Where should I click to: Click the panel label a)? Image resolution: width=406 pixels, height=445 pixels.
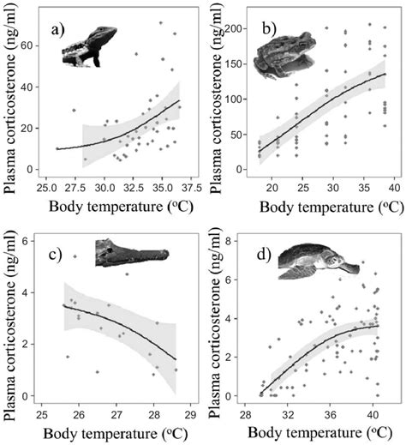pos(59,27)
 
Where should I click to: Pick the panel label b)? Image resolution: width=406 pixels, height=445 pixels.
pos(270,29)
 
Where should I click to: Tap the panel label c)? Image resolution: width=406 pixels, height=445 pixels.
pos(58,254)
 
